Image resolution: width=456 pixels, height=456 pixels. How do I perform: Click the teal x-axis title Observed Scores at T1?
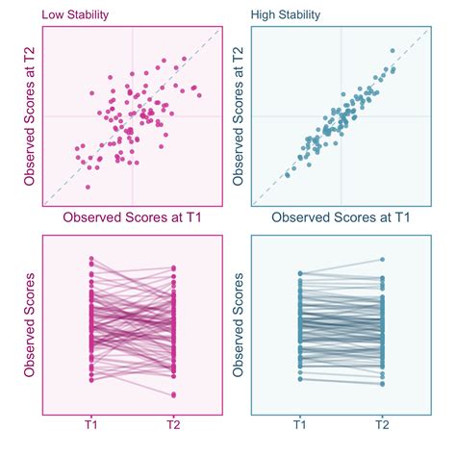pos(341,218)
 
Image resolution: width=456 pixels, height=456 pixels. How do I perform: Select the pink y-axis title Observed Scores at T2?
pos(31,116)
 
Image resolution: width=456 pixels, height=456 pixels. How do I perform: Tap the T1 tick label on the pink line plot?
pos(91,423)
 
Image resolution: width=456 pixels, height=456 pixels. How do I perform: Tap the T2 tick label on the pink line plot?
pos(173,423)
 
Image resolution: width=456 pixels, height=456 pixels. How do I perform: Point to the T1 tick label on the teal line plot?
pos(300,423)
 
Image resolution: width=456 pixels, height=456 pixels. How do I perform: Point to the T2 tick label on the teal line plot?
pos(383,423)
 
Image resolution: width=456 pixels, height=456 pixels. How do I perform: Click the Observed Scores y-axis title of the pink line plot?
pos(31,327)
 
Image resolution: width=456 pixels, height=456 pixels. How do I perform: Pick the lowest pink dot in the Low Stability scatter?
pos(88,187)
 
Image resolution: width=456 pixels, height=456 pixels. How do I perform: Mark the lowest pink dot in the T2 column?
pos(173,395)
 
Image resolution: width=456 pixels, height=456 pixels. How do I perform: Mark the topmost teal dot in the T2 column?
pos(383,259)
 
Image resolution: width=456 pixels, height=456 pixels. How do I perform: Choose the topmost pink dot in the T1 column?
pos(91,258)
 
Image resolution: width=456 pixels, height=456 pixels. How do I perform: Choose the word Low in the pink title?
pos(53,15)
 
